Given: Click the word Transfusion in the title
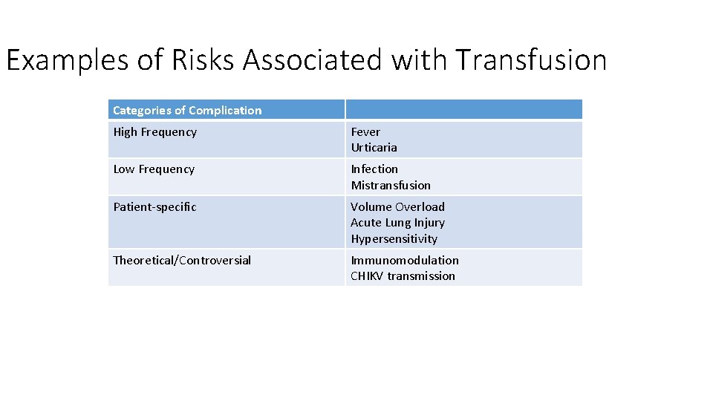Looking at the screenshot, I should (531, 60).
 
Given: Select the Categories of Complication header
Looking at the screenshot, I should (187, 111).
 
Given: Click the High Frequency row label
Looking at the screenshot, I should (154, 132).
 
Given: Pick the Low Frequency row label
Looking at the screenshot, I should (154, 169).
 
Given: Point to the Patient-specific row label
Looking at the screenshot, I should (154, 207).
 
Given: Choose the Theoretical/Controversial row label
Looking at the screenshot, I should (182, 260).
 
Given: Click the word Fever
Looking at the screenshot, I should (365, 132).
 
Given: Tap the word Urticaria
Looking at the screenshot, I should (374, 148).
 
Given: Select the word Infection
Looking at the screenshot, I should (374, 169).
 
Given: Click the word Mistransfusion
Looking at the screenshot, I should (391, 186).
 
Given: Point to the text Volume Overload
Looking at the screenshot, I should (397, 207).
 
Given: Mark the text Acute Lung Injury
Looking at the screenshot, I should (397, 223).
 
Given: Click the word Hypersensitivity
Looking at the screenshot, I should (394, 239).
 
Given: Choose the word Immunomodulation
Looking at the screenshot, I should (405, 260).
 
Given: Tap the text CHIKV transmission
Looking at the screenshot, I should (403, 276).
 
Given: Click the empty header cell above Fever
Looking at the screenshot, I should (463, 110).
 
